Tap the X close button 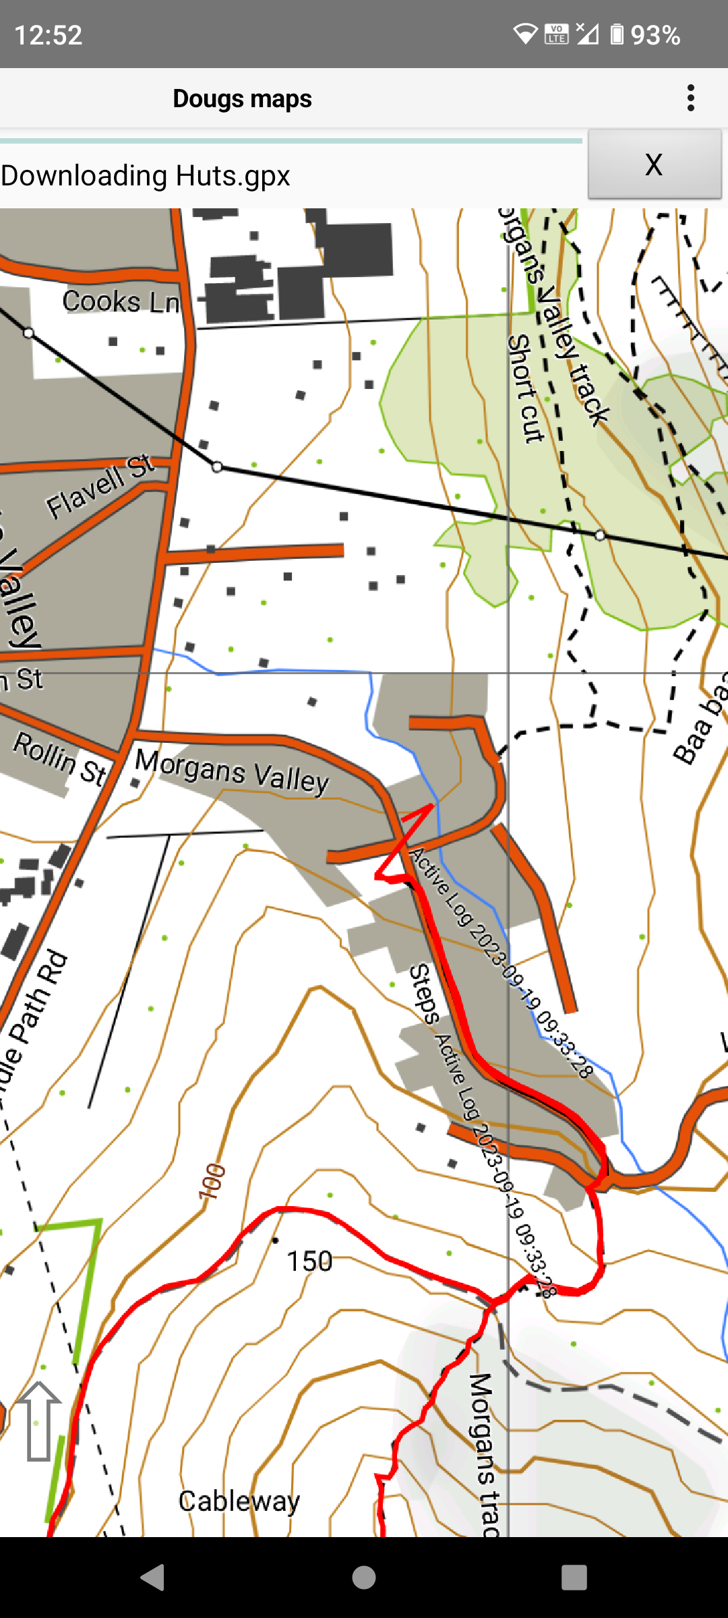(x=654, y=164)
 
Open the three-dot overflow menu (x=690, y=98)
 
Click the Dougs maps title (x=242, y=98)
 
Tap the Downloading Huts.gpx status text (x=146, y=176)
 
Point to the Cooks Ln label (x=121, y=301)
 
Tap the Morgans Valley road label (x=232, y=771)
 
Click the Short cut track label (x=525, y=388)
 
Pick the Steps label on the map (x=424, y=994)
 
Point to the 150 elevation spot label (x=309, y=1261)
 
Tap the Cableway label (x=239, y=1501)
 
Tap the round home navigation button (x=364, y=1578)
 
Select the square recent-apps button (x=574, y=1578)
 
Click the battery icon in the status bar (x=616, y=34)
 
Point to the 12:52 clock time (x=49, y=35)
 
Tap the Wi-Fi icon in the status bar (x=524, y=34)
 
